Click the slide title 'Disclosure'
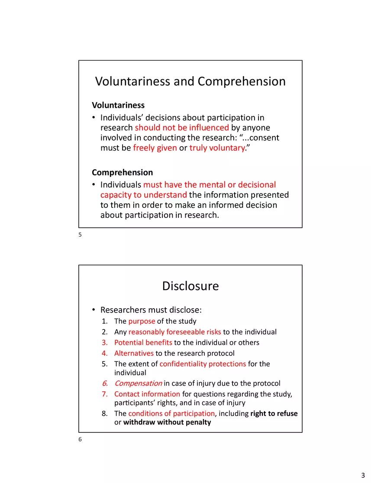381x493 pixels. point(190,286)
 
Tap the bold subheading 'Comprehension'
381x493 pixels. point(123,172)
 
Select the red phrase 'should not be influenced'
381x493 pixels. point(182,128)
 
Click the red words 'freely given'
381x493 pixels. point(155,148)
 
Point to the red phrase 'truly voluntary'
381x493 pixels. point(217,148)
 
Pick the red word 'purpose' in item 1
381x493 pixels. point(142,321)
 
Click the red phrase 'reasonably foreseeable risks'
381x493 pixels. point(175,332)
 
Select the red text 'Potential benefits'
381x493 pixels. point(143,343)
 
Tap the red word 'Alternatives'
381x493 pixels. point(134,353)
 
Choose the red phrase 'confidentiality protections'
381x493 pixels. point(203,364)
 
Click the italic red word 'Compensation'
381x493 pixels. point(139,383)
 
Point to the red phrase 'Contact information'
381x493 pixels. point(147,394)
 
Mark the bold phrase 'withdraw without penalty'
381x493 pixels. point(167,422)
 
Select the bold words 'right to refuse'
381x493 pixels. point(274,413)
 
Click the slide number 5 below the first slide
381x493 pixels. point(80,235)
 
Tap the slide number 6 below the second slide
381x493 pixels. point(80,440)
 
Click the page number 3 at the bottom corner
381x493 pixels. point(363,476)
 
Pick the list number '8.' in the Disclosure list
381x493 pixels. point(105,413)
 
